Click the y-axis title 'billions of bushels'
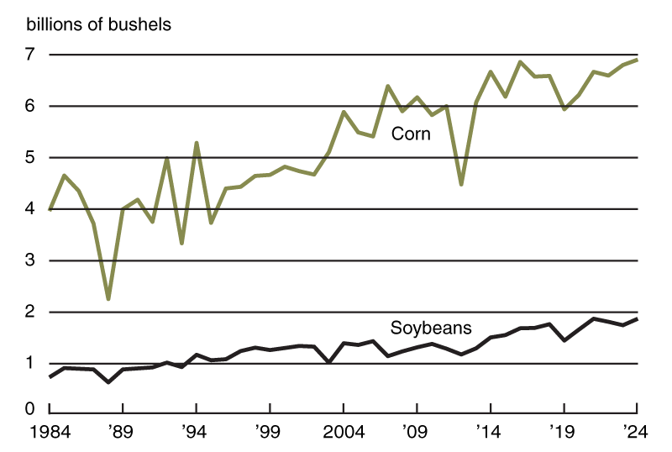pyautogui.click(x=99, y=24)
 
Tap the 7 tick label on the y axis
pyautogui.click(x=31, y=55)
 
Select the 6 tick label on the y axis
pyautogui.click(x=31, y=106)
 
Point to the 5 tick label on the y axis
pyautogui.click(x=31, y=158)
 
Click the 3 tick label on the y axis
pyautogui.click(x=31, y=260)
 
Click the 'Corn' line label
pyautogui.click(x=411, y=134)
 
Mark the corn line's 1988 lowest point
pyautogui.click(x=108, y=298)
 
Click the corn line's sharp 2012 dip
pyautogui.click(x=461, y=183)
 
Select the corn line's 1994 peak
pyautogui.click(x=197, y=144)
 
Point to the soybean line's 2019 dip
pyautogui.click(x=564, y=339)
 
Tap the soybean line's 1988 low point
pyautogui.click(x=108, y=382)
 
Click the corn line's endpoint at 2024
pyautogui.click(x=637, y=60)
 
